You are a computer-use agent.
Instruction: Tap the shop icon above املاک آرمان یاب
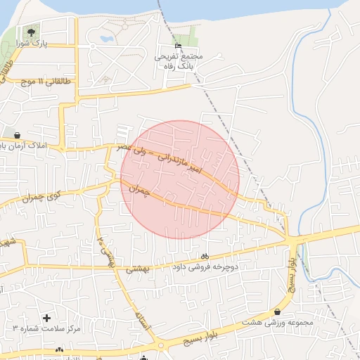coord(17,135)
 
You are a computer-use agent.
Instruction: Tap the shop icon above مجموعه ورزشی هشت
coord(278,311)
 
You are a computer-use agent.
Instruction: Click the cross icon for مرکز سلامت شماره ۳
coord(47,319)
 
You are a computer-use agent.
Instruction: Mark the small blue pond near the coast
coord(107,39)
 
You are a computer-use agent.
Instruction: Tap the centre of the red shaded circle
coord(180,179)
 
